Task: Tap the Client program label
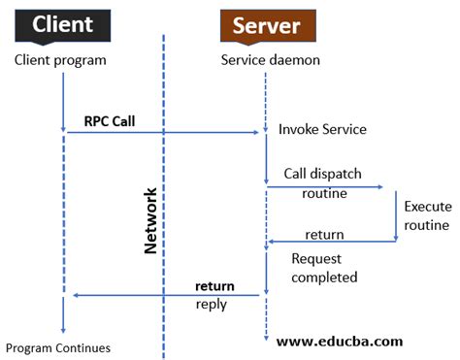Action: click(x=60, y=60)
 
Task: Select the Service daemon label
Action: click(x=268, y=60)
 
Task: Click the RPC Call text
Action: click(x=111, y=122)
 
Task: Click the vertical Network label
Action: click(x=150, y=220)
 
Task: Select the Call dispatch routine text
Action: click(x=323, y=182)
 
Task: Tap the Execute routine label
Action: click(x=426, y=215)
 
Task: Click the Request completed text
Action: click(x=324, y=268)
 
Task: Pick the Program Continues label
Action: click(x=58, y=347)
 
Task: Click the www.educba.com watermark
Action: click(x=340, y=342)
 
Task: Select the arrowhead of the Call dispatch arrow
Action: click(x=379, y=188)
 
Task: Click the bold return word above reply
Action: click(x=214, y=286)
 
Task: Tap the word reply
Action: click(x=211, y=304)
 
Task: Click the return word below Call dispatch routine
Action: click(x=324, y=235)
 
